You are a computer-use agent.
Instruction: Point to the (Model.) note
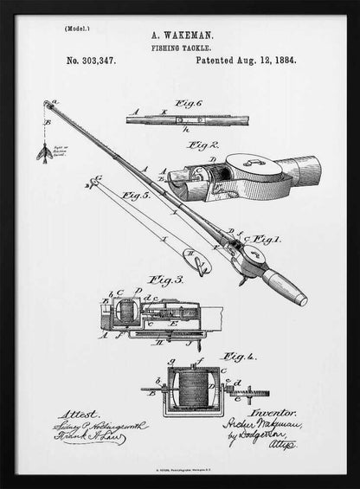(x=76, y=29)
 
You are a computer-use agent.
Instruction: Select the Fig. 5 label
(x=136, y=196)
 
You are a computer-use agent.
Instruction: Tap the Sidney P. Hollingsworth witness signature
(x=102, y=427)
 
